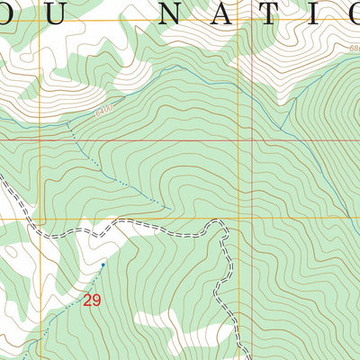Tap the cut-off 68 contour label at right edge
coord(355,49)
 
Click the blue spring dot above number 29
coord(103,265)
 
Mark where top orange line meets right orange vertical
coord(239,20)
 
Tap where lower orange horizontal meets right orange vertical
coord(239,218)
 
